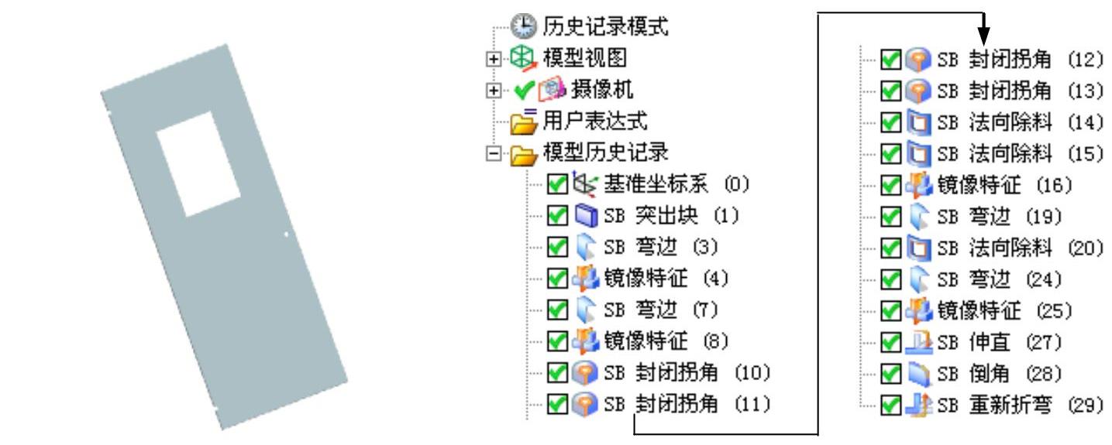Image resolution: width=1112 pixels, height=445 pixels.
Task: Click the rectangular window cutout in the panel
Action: pyautogui.click(x=198, y=163)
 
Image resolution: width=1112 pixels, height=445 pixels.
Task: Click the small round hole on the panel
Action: pyautogui.click(x=287, y=233)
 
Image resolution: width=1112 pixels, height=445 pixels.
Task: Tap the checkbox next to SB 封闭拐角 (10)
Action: pyautogui.click(x=557, y=372)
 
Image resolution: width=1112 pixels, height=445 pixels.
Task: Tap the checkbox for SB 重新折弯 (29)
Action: pyautogui.click(x=891, y=404)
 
